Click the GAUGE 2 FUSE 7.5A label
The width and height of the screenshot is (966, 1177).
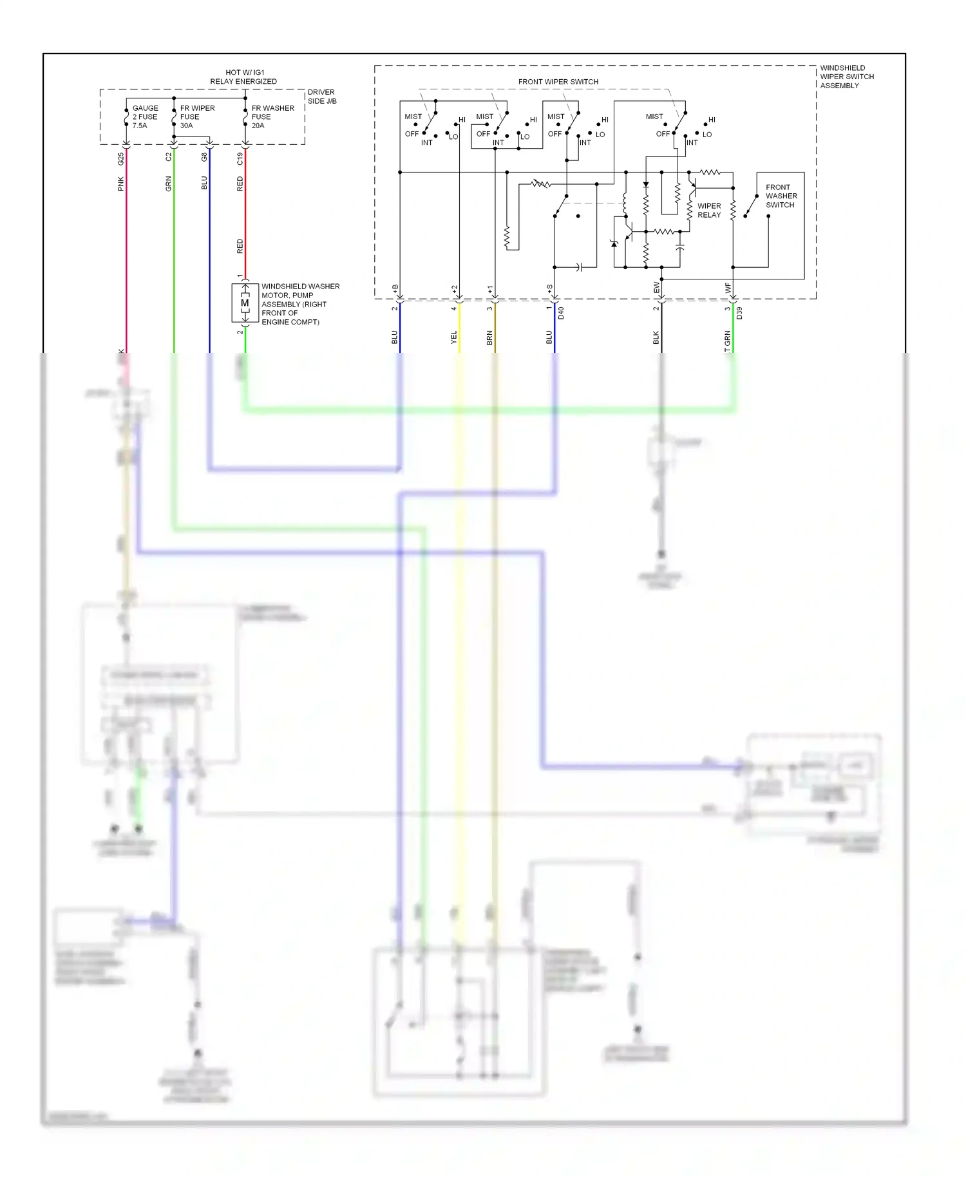point(145,117)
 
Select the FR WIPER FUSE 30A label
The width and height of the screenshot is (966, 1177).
point(197,117)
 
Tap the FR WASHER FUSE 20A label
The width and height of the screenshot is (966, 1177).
point(272,117)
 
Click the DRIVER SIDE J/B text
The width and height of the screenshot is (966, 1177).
point(321,97)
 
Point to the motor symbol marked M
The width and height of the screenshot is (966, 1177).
point(244,303)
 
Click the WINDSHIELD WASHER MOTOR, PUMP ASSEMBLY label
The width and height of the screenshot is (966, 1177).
point(299,304)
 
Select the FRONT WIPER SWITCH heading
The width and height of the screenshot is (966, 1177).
point(558,82)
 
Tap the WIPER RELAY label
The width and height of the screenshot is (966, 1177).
point(709,211)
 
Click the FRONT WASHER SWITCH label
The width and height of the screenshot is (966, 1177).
point(781,196)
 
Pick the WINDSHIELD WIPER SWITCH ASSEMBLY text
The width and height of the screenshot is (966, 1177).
point(846,77)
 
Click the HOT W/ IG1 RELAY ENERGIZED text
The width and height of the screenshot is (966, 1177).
point(243,77)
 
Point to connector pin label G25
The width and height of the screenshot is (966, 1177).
point(121,158)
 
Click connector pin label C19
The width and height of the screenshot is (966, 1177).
point(240,158)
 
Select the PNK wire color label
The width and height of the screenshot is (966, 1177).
point(121,184)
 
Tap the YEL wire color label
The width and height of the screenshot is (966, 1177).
point(453,337)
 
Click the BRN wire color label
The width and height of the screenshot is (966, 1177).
point(489,337)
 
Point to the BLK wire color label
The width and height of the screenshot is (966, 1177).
point(656,337)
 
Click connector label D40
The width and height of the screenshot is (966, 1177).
point(561,314)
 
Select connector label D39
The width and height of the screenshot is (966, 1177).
point(739,314)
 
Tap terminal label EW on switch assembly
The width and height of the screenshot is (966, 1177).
point(657,288)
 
